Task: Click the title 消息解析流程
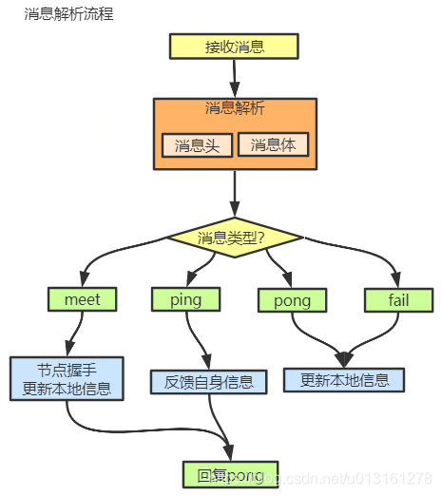tap(68, 15)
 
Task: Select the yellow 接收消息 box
tap(234, 47)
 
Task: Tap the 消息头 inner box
tap(197, 145)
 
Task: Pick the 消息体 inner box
tap(273, 144)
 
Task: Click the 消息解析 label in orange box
tap(234, 108)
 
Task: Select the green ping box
tap(184, 299)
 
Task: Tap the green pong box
tap(292, 300)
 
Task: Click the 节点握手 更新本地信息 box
tap(67, 378)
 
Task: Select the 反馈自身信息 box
tap(208, 383)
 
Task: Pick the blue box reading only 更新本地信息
tap(343, 380)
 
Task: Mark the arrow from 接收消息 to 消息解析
tap(234, 78)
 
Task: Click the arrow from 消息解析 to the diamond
tap(234, 195)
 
